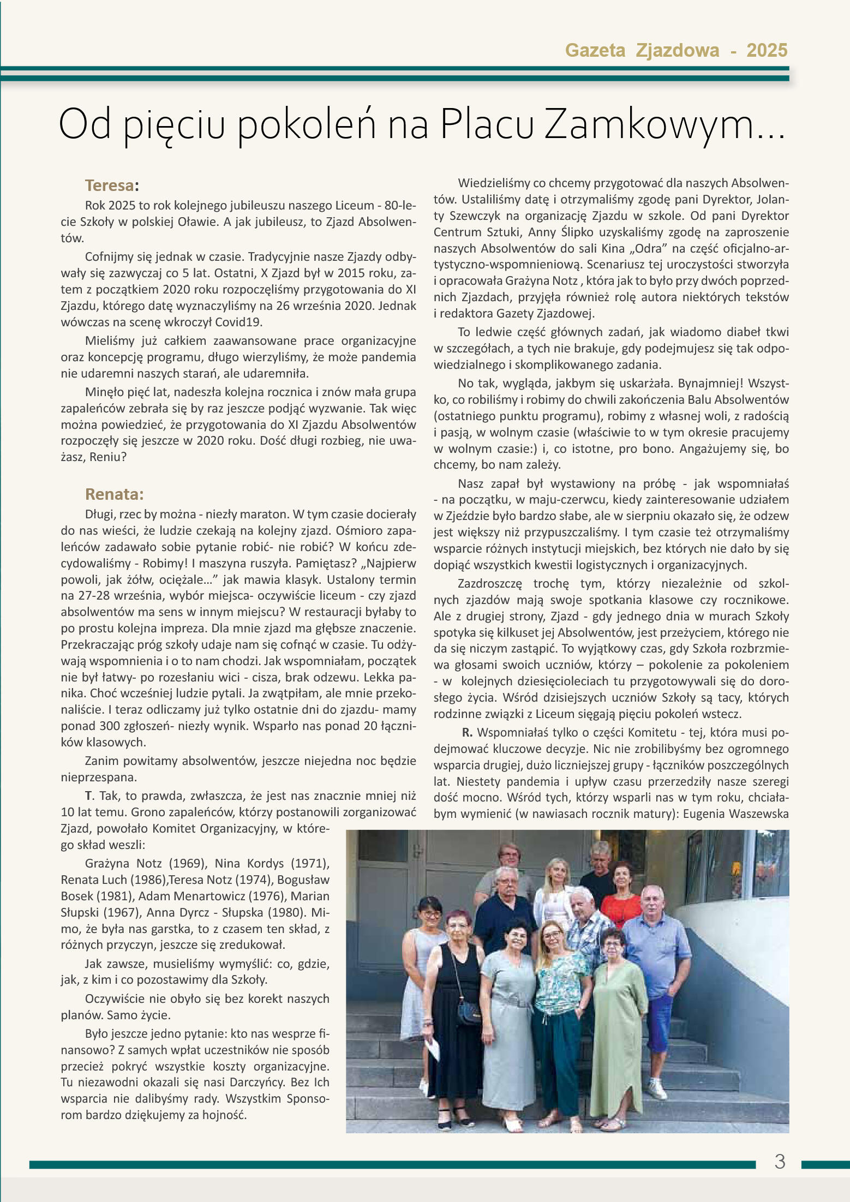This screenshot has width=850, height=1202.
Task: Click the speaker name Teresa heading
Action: point(109,186)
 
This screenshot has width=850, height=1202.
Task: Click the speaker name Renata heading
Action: point(114,494)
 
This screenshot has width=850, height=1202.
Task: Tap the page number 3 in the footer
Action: point(780,1162)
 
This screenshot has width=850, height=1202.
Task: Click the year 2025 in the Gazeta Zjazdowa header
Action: point(767,51)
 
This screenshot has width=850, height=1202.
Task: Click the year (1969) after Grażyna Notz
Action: point(187,863)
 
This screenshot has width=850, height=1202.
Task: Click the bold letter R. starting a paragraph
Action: point(466,733)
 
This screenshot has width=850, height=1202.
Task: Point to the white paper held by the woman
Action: point(434,1048)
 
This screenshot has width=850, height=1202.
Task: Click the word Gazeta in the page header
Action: point(595,51)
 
